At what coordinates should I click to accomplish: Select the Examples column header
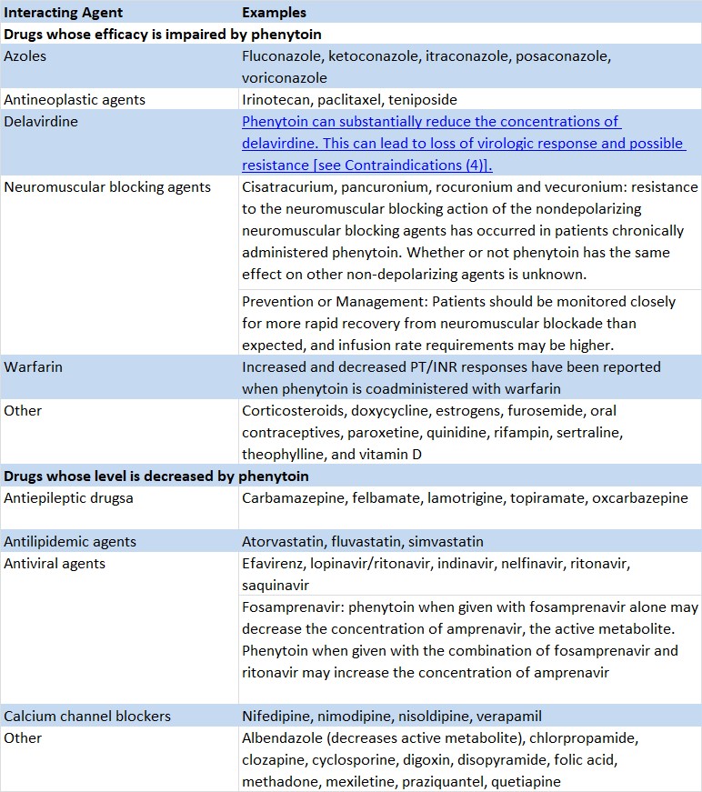click(x=274, y=13)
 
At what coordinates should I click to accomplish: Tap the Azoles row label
click(x=25, y=56)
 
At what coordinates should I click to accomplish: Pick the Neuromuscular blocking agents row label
click(x=107, y=187)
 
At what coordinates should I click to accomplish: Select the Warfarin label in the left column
click(x=33, y=367)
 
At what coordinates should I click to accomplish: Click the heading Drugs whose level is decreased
click(x=155, y=476)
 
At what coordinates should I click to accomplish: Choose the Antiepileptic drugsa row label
click(x=69, y=498)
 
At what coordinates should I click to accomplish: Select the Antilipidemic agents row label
click(x=70, y=542)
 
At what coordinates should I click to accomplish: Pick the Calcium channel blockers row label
click(x=87, y=717)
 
